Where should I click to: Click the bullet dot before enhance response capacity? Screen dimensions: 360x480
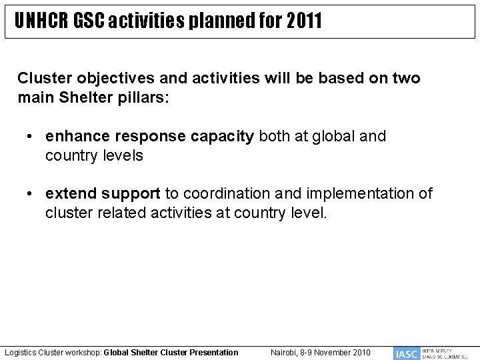(x=31, y=137)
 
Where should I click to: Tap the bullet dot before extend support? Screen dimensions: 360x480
(x=31, y=194)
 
